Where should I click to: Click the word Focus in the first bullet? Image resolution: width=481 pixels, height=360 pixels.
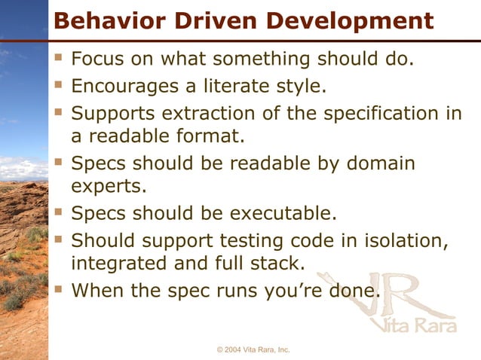98,59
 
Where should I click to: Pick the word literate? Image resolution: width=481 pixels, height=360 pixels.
240,86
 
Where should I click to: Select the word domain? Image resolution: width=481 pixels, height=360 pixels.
378,163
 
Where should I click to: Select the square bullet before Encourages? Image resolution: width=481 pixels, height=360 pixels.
59,86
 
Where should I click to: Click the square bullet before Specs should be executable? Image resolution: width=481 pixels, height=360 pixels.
59,213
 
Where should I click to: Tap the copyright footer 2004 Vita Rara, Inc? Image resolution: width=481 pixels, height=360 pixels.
253,350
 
